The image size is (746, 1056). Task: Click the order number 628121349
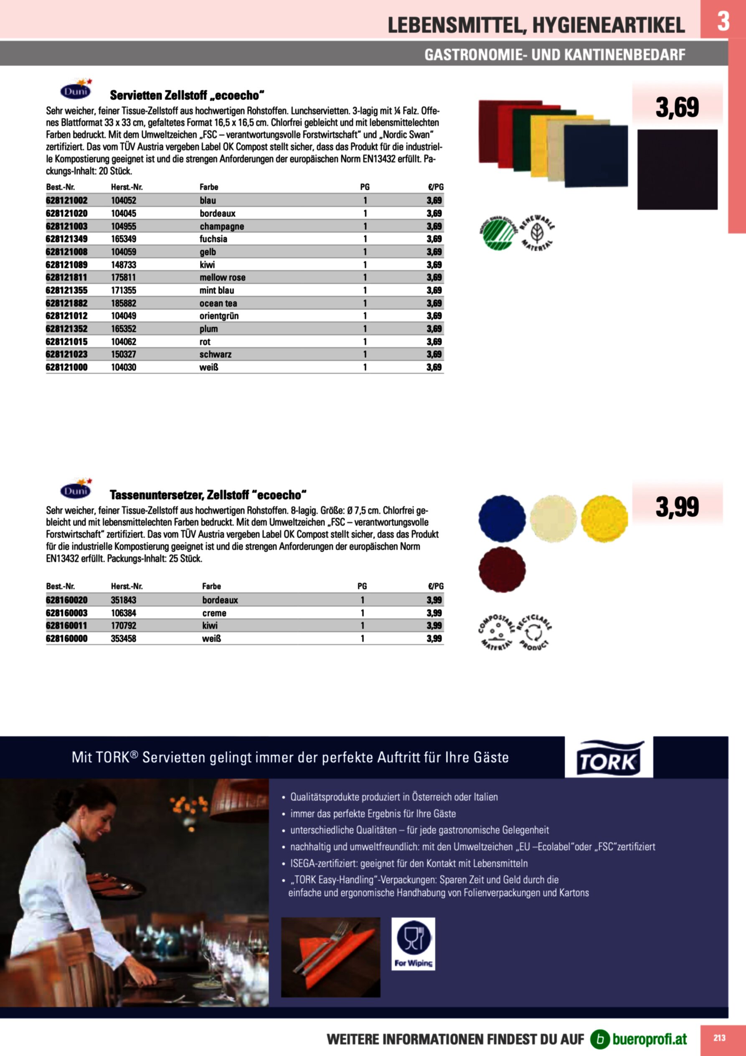[x=67, y=239]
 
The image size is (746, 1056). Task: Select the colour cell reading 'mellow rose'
[x=223, y=277]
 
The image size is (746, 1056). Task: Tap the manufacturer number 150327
[x=123, y=354]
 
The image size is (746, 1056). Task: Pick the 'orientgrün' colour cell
[x=219, y=316]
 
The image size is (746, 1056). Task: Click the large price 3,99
[x=677, y=507]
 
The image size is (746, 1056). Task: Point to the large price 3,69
[x=677, y=107]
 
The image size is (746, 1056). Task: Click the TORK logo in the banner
[x=609, y=758]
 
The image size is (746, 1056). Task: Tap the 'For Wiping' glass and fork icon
[x=413, y=944]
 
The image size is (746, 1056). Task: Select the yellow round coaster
[x=604, y=518]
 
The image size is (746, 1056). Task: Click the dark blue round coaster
[x=502, y=518]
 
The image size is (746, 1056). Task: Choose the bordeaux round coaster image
[x=502, y=569]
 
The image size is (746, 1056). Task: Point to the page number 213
[x=719, y=1038]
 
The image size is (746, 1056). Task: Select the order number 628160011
[x=67, y=625]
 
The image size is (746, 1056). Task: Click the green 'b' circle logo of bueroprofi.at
[x=600, y=1039]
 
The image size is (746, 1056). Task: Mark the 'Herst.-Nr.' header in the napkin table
[x=127, y=187]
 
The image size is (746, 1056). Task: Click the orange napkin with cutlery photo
[x=330, y=957]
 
